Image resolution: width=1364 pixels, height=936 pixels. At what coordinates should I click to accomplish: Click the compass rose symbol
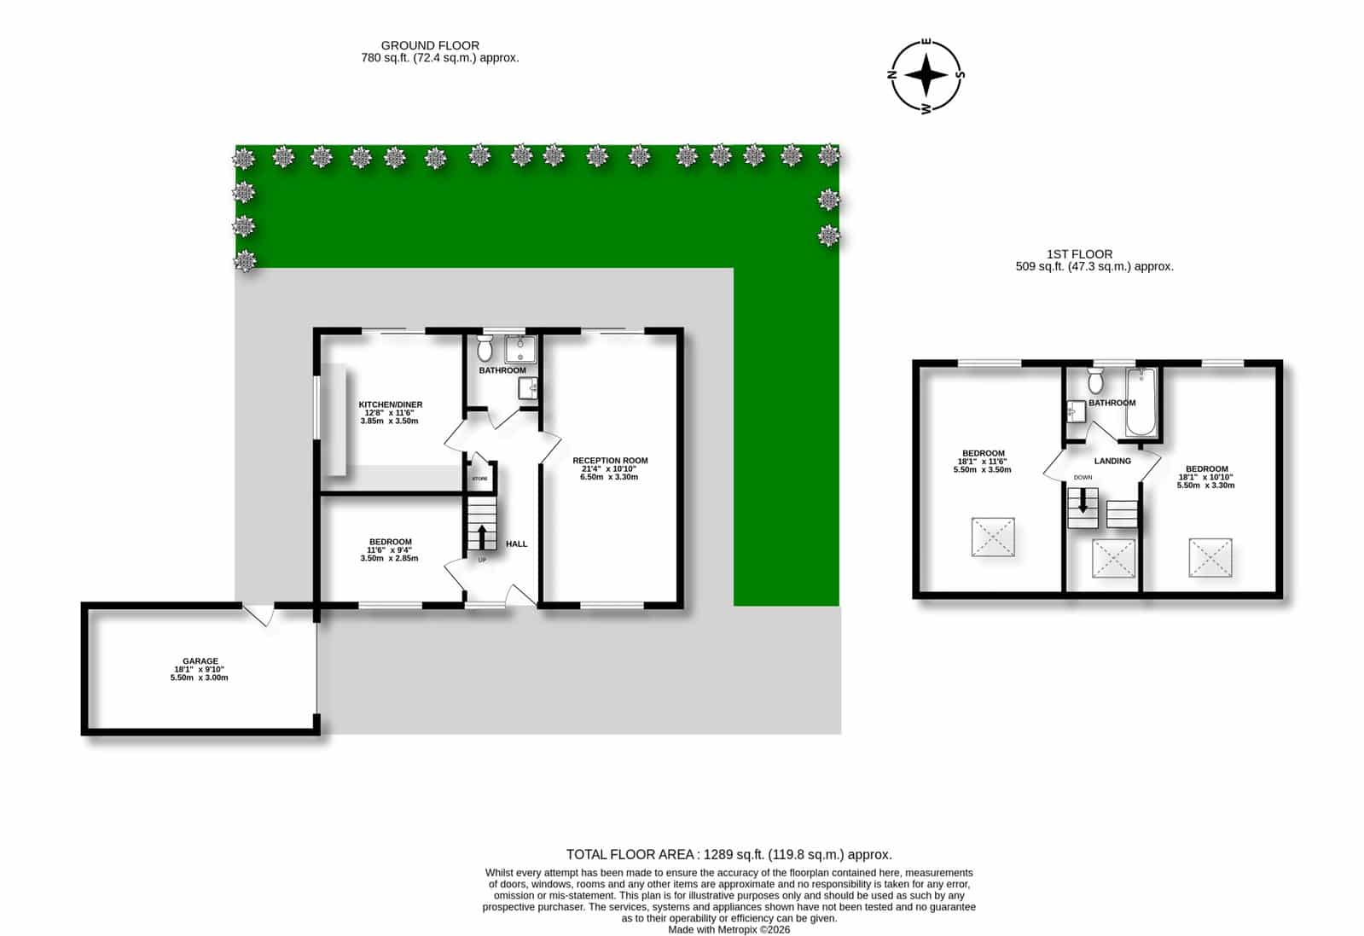[x=926, y=76]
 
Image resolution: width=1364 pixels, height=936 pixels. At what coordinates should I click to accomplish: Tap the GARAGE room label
[x=200, y=660]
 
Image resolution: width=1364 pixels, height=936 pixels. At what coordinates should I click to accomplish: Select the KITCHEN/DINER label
[x=391, y=404]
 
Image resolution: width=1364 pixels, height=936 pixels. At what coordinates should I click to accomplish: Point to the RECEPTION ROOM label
[x=610, y=461]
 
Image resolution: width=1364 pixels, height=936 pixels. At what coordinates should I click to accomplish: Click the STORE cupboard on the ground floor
[x=481, y=478]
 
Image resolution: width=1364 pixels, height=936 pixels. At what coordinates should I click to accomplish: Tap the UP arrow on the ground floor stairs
[x=482, y=537]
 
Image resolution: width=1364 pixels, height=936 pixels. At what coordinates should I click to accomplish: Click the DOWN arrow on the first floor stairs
[x=1082, y=500]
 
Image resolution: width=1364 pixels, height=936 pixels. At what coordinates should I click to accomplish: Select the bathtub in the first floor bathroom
[x=1141, y=401]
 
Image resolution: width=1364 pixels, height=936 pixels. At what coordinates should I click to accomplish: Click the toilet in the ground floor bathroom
[x=485, y=348]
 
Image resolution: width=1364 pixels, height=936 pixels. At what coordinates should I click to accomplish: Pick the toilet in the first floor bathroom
[x=1095, y=380]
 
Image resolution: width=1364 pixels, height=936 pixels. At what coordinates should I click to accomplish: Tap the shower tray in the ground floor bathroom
[x=520, y=349]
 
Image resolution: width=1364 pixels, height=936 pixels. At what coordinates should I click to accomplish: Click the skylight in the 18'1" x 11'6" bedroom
[x=993, y=537]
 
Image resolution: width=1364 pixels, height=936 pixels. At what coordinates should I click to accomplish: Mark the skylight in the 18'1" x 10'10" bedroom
[x=1210, y=557]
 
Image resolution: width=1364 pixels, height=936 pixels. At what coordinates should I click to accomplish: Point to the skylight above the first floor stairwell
[x=1113, y=558]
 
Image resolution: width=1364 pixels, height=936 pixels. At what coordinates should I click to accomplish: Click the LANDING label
[x=1112, y=461]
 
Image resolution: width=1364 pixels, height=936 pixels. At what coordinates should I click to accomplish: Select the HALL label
[x=516, y=544]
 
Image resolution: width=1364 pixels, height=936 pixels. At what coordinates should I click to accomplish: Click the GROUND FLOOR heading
[x=430, y=45]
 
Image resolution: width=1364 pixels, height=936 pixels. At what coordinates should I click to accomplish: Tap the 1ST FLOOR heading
[x=1080, y=254]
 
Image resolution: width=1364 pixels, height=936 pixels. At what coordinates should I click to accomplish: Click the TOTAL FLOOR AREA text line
[x=728, y=854]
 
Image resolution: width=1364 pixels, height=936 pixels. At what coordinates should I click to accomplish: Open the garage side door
[x=258, y=613]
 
